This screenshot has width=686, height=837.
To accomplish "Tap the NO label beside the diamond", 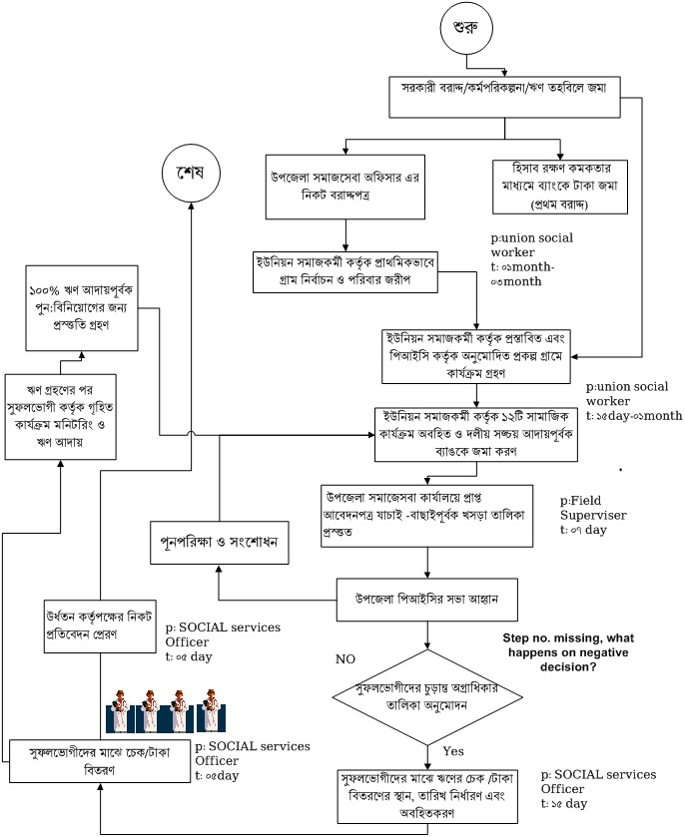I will click(345, 659).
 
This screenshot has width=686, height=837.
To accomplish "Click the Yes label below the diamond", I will click(453, 751).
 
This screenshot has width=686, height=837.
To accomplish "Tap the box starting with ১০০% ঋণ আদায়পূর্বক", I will click(81, 307).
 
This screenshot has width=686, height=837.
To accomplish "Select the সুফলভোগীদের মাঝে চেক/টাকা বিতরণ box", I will click(99, 762).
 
